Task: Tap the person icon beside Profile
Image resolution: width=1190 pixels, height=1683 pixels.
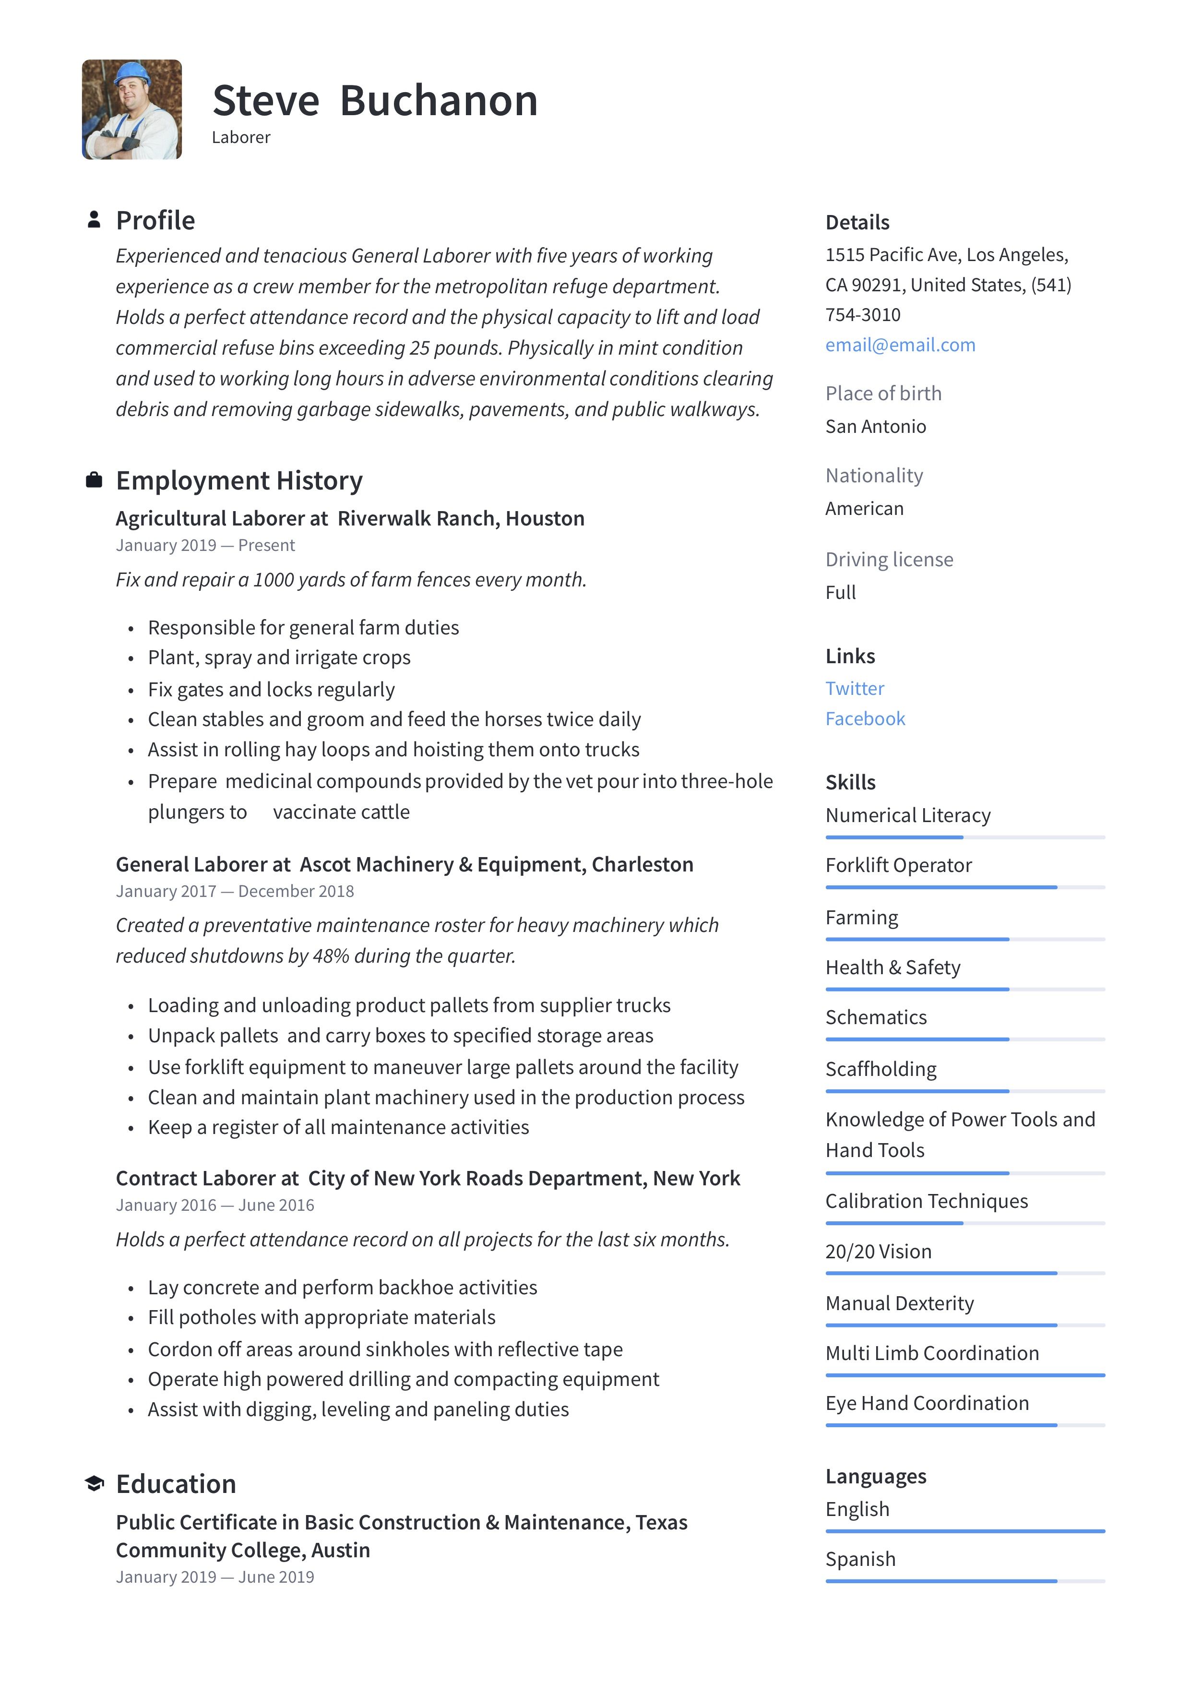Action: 94,220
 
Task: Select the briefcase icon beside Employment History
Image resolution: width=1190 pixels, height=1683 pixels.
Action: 94,480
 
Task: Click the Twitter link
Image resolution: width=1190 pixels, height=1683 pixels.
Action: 855,688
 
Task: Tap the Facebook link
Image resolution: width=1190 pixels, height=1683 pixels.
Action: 865,718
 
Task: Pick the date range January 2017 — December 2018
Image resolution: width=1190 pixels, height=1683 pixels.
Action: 235,891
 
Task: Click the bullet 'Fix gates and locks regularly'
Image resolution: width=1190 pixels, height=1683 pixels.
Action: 271,689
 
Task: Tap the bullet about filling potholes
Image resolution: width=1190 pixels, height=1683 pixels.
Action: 321,1317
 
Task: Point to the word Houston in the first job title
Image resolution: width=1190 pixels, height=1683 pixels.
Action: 545,518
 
